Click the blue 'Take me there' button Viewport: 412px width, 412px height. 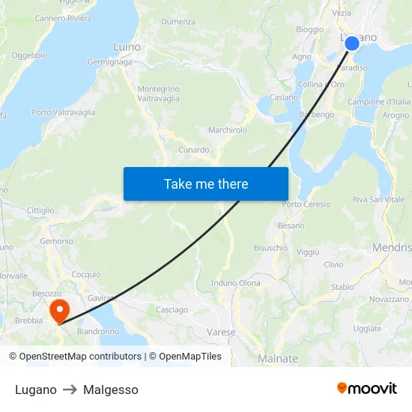click(x=205, y=184)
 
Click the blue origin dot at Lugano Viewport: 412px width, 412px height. click(x=351, y=44)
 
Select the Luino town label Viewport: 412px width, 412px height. click(x=127, y=47)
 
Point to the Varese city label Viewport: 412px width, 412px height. click(x=221, y=332)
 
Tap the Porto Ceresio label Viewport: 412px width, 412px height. click(x=306, y=205)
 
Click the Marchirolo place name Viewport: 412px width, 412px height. click(x=228, y=130)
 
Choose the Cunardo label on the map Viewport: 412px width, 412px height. click(x=194, y=150)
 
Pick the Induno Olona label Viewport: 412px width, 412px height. click(x=236, y=283)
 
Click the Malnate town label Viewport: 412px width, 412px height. click(x=277, y=359)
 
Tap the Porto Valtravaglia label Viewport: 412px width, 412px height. click(x=64, y=112)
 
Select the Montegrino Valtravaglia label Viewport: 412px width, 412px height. click(x=158, y=94)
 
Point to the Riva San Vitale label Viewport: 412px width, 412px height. click(x=378, y=199)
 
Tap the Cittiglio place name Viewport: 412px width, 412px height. click(x=40, y=210)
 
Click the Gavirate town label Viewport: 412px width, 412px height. click(x=103, y=298)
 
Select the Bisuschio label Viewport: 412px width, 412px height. click(x=270, y=248)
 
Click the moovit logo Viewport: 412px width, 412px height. click(x=366, y=389)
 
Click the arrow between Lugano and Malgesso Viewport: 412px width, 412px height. click(x=70, y=390)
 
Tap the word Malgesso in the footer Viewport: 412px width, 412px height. click(x=111, y=390)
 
